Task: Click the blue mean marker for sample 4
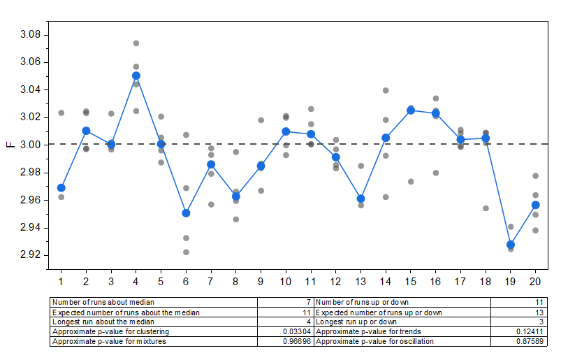click(136, 75)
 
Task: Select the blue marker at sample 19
click(511, 245)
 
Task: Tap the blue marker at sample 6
click(186, 213)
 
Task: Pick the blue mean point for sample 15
click(411, 110)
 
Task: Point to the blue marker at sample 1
click(61, 187)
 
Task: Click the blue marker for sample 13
click(361, 199)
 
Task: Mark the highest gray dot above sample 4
click(136, 43)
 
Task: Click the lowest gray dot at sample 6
click(186, 252)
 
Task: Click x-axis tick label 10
click(286, 281)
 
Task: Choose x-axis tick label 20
click(536, 281)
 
